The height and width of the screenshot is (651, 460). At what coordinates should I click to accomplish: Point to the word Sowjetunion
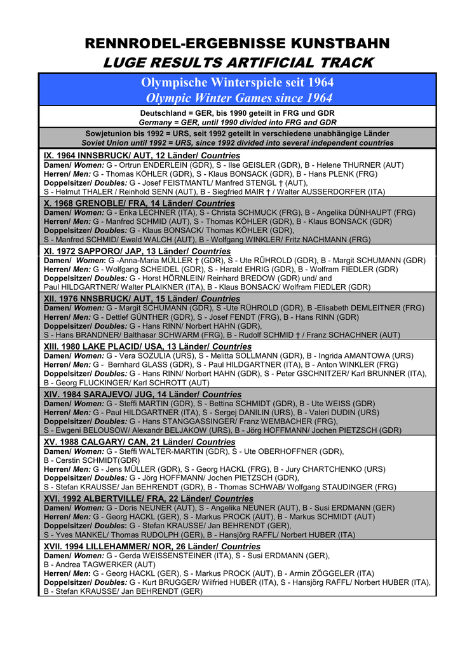point(112,134)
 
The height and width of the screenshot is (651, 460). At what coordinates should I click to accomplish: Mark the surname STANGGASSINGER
point(206,421)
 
